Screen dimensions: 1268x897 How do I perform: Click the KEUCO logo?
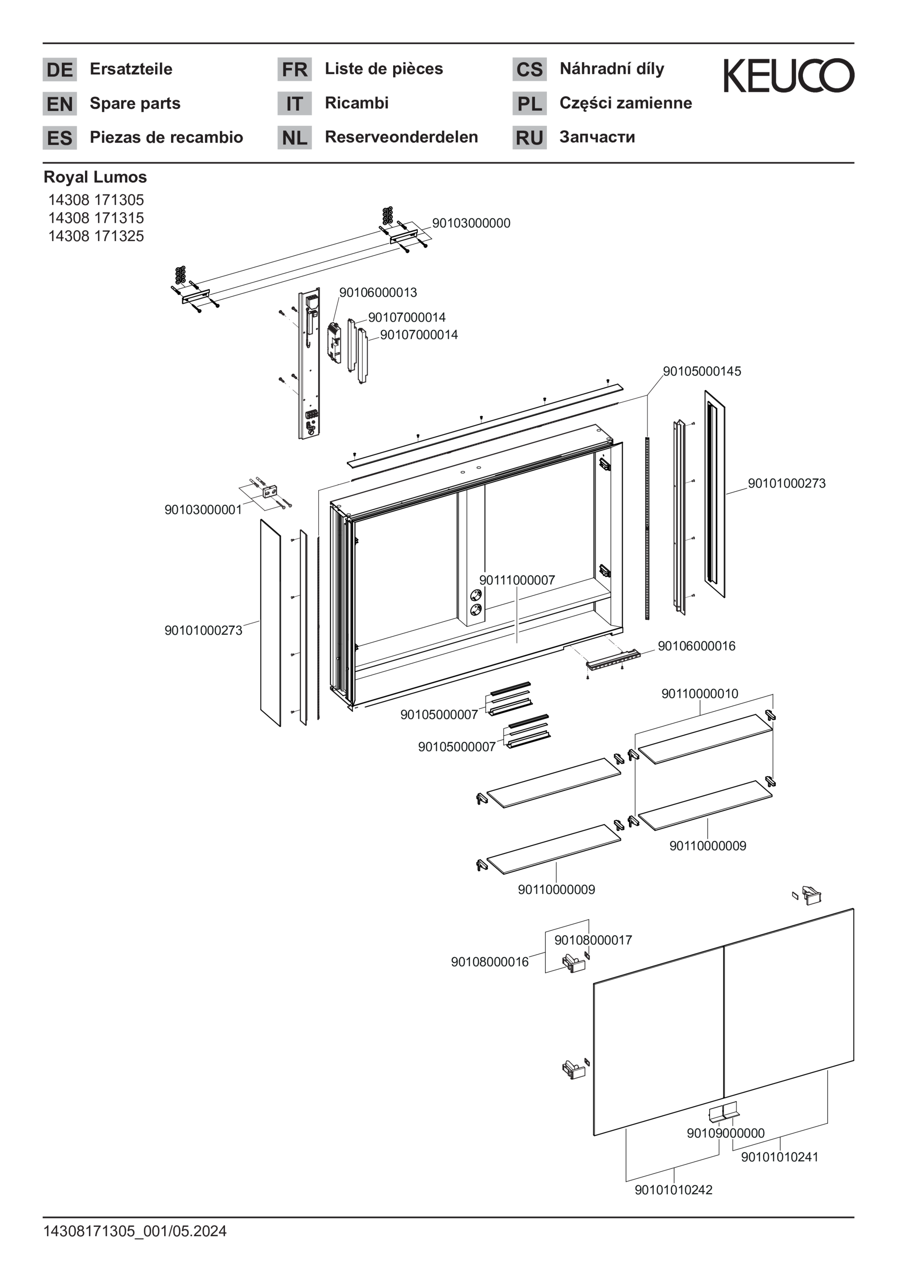coord(788,76)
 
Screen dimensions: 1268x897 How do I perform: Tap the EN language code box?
coord(60,104)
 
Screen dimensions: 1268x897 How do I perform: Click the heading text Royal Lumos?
coord(95,177)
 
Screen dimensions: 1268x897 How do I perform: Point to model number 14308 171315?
coord(96,218)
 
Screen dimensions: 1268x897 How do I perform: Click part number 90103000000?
coord(471,223)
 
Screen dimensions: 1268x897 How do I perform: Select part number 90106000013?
coord(378,292)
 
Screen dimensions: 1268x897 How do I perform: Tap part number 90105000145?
coord(702,371)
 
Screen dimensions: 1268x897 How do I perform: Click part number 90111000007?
coord(517,580)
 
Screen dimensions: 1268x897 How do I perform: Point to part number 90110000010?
coord(700,694)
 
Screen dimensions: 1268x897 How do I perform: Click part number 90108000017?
coord(593,940)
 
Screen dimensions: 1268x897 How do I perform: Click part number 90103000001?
coord(203,510)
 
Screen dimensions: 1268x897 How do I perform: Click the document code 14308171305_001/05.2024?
coord(135,1231)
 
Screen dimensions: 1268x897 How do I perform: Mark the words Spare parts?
coord(135,103)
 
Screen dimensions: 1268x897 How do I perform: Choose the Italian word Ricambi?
coord(357,103)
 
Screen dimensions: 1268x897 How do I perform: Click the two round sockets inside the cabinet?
coord(475,602)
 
